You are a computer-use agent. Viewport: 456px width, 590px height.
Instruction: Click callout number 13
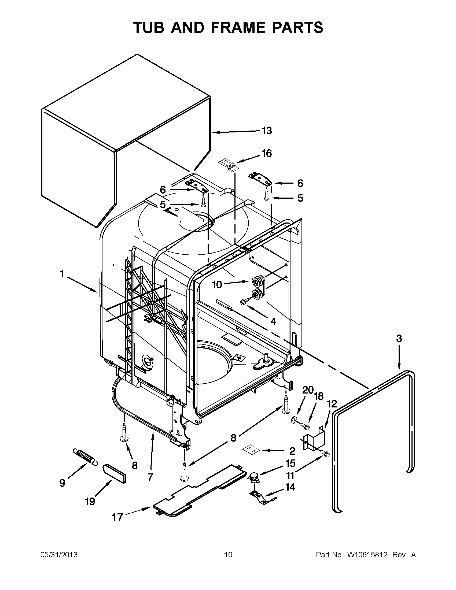click(x=267, y=131)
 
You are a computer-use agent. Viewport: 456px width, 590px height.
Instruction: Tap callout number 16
click(x=266, y=153)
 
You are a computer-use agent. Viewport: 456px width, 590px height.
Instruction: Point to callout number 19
click(x=90, y=502)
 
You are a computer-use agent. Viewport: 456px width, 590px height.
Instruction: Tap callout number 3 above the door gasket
click(x=399, y=338)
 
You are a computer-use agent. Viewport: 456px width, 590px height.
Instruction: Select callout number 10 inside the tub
click(x=217, y=284)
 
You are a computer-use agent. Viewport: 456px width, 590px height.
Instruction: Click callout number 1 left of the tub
click(x=62, y=274)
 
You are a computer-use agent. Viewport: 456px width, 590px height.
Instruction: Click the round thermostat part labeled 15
click(x=253, y=477)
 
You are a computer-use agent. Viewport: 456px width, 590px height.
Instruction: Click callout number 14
click(x=290, y=487)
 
